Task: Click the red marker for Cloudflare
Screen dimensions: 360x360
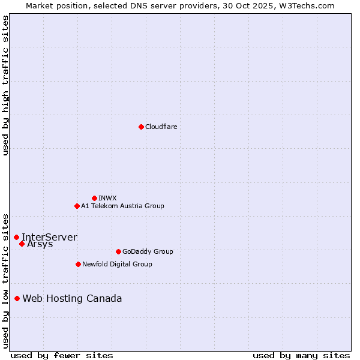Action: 141,127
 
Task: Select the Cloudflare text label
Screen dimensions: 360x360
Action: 161,127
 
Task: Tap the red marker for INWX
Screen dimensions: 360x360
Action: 94,198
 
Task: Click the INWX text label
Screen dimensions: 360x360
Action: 107,198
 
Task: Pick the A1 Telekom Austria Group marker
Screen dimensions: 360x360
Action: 77,206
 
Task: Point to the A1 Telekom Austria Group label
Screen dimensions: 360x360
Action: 122,206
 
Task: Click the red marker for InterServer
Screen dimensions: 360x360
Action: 16,237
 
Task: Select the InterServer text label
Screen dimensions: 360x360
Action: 49,237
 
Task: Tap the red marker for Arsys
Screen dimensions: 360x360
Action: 22,244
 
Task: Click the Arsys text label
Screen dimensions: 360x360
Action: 40,244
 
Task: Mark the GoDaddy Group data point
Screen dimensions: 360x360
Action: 118,251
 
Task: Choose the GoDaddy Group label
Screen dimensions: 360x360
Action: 148,251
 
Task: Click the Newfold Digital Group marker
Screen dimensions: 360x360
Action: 78,264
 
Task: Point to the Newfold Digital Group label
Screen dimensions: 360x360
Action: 117,264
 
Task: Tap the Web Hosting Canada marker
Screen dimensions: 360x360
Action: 17,298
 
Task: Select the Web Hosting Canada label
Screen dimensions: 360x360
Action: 72,298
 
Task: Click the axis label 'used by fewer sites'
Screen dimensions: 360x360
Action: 62,355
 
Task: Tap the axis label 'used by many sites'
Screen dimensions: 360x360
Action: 301,355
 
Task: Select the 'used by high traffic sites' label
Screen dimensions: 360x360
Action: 6,85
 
